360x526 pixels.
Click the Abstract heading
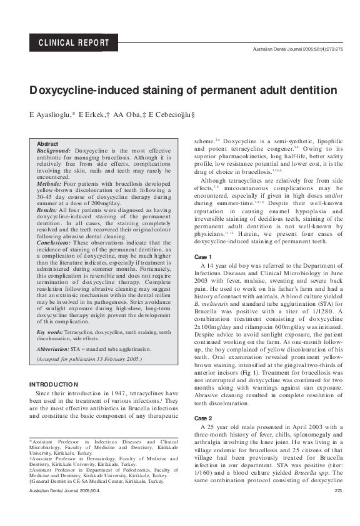point(47,144)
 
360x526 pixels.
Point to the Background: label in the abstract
point(54,151)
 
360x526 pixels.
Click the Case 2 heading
point(202,417)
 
